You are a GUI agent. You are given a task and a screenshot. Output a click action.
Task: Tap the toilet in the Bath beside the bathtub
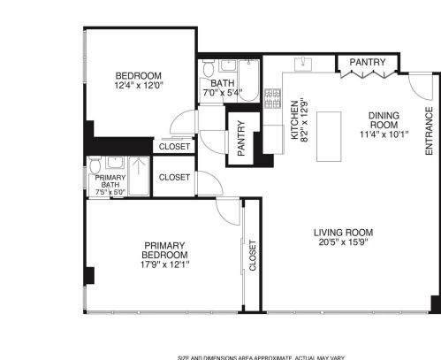208,67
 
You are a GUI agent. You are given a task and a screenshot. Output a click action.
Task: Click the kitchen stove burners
272,97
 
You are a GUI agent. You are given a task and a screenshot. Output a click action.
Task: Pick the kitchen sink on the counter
305,63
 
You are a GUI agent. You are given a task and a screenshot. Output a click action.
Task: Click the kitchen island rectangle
330,136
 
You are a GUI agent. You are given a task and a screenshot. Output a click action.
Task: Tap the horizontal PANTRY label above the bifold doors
366,63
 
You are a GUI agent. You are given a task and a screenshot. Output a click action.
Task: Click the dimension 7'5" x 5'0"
110,190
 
